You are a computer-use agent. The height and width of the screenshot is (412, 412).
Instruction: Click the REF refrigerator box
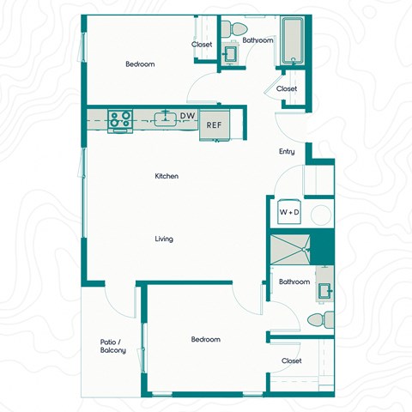coord(214,124)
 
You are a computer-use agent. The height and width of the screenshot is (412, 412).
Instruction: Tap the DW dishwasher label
coord(187,115)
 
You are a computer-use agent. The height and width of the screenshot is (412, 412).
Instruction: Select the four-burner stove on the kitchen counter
coord(119,118)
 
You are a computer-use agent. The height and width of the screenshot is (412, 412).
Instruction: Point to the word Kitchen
coord(167,176)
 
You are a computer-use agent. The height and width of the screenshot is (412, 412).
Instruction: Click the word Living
coord(164,239)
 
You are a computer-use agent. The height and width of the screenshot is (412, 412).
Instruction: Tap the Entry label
coord(287,152)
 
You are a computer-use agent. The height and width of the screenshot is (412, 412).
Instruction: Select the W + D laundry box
coord(288,211)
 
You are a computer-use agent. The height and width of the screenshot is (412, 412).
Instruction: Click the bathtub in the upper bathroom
coord(292,41)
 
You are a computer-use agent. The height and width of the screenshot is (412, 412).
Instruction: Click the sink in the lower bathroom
coord(324,289)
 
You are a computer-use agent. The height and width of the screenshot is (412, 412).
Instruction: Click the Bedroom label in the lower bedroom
coord(205,339)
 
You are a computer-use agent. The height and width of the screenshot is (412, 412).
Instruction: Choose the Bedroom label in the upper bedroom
coord(140,64)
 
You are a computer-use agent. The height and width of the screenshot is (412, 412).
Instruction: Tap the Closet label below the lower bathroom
coord(292,360)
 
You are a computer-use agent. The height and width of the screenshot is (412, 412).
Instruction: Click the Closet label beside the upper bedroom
coord(202,45)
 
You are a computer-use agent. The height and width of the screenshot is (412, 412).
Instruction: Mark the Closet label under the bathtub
coord(287,88)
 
